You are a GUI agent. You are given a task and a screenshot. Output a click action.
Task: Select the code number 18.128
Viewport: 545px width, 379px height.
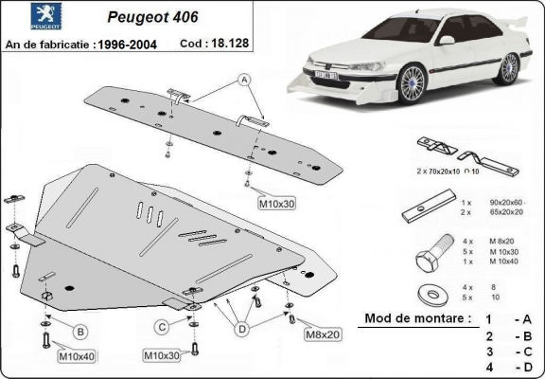click(x=220, y=45)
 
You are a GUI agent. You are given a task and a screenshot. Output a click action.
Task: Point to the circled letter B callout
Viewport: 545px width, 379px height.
click(x=80, y=331)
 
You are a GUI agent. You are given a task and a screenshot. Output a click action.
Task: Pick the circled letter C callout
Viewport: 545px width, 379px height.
click(x=162, y=327)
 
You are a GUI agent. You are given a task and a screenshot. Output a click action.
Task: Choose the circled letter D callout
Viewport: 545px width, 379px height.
click(x=243, y=328)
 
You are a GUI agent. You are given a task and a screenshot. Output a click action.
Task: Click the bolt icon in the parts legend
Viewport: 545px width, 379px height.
click(x=426, y=256)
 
